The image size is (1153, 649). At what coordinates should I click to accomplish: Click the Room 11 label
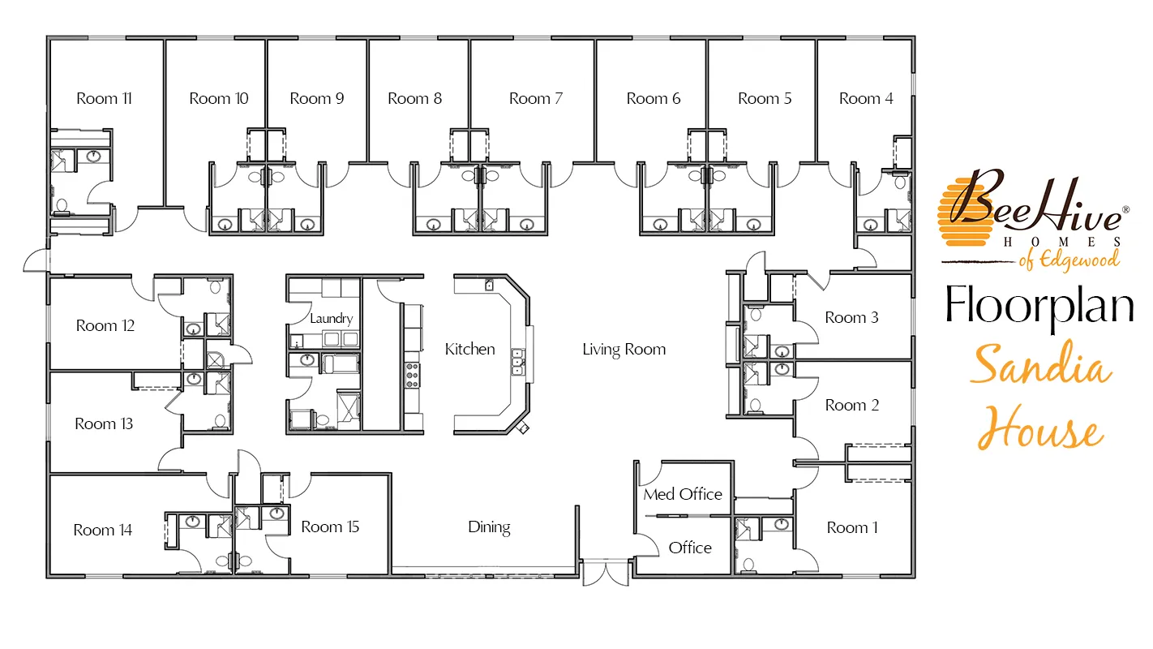104,98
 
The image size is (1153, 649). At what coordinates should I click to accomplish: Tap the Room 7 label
536,98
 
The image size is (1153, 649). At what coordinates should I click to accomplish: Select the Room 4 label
866,98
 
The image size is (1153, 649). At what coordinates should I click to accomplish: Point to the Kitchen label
470,349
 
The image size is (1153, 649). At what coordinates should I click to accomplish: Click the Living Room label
624,350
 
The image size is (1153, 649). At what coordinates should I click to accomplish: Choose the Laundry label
332,319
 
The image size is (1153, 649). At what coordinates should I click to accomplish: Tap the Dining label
489,527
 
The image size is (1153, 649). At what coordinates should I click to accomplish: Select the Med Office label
683,495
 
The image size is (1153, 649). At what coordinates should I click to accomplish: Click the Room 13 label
104,424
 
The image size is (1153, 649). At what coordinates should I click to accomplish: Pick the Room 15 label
330,527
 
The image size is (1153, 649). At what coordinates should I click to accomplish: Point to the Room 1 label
852,528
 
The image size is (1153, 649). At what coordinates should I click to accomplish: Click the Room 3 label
852,318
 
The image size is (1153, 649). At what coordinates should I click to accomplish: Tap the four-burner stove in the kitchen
412,376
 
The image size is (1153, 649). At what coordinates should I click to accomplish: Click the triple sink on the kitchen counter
517,362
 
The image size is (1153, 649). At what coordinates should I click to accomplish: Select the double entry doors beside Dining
606,574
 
